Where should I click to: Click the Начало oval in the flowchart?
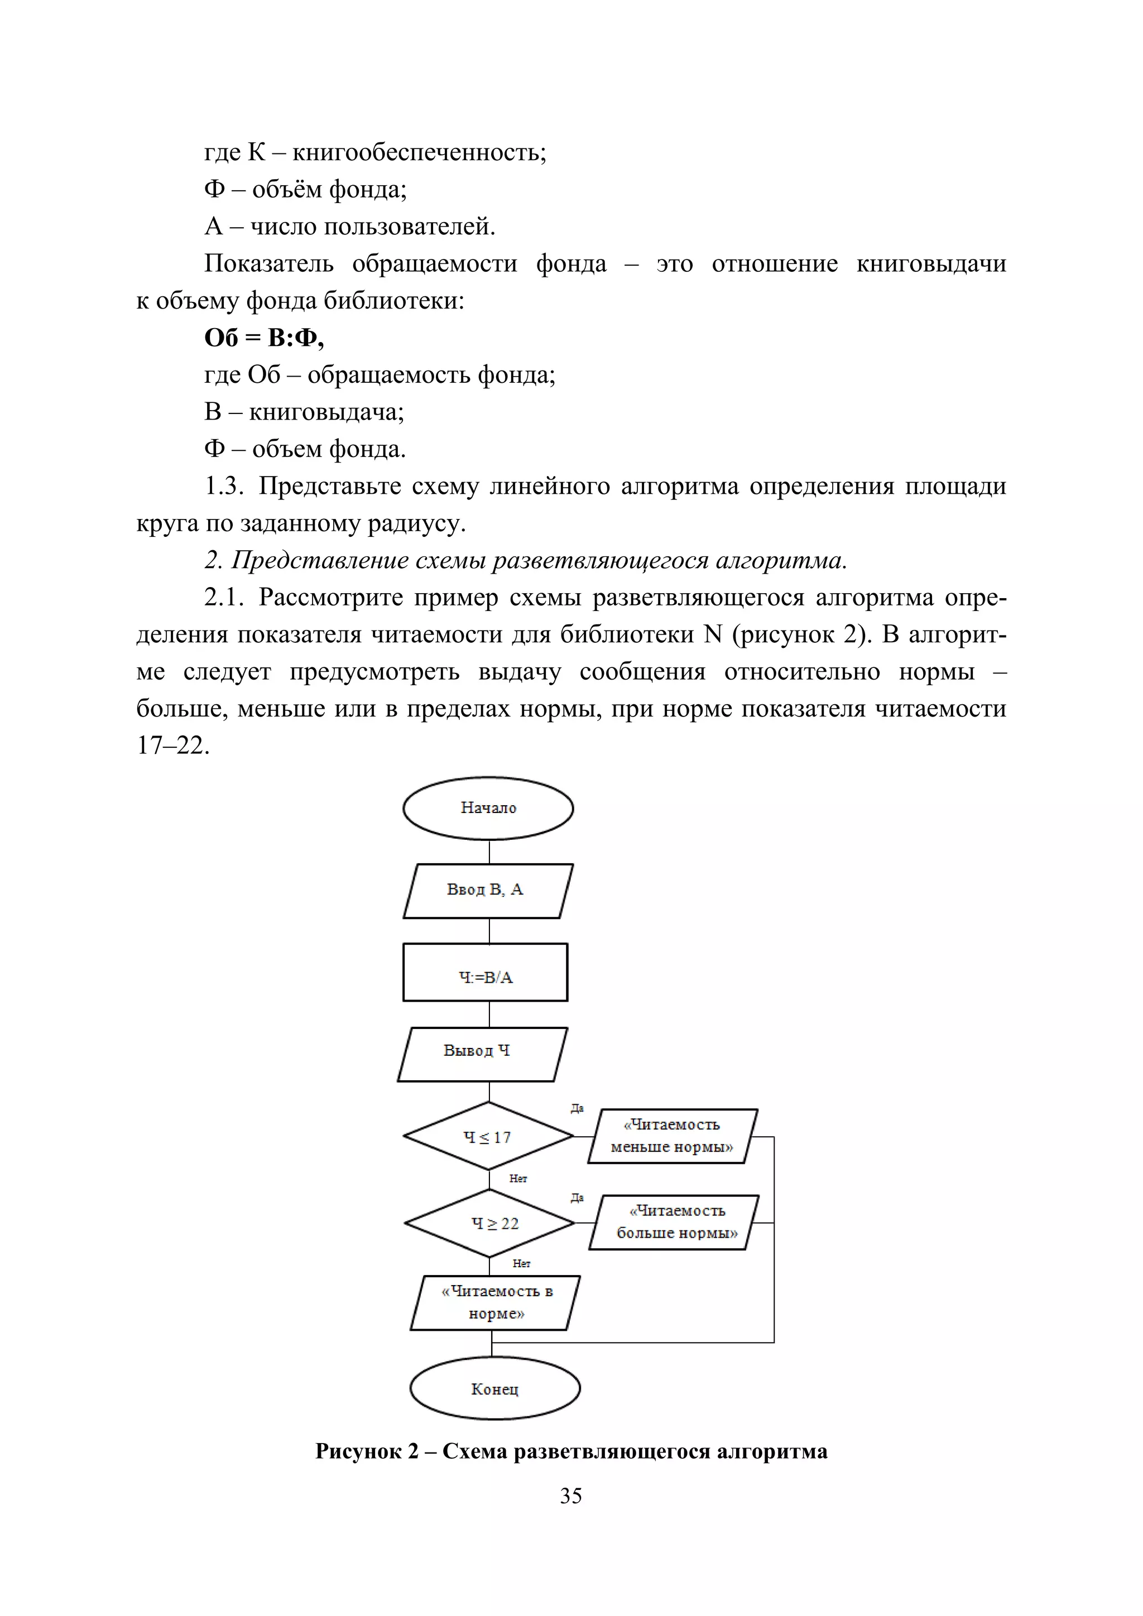click(x=488, y=808)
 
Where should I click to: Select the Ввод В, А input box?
click(x=488, y=891)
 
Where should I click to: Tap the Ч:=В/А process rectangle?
click(x=485, y=972)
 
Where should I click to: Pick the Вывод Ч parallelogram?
click(x=482, y=1054)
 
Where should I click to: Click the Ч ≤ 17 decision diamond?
click(x=488, y=1137)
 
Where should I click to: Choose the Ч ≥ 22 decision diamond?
click(x=490, y=1223)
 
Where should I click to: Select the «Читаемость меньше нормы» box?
click(x=672, y=1136)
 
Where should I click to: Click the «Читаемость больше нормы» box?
click(x=674, y=1223)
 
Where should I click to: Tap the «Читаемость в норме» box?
click(x=496, y=1303)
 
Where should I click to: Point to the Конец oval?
click(x=495, y=1389)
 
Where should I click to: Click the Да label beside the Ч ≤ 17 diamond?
click(x=577, y=1109)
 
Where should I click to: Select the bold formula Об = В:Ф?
click(x=264, y=338)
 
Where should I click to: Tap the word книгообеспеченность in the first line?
click(x=419, y=152)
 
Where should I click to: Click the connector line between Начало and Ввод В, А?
click(x=489, y=852)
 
